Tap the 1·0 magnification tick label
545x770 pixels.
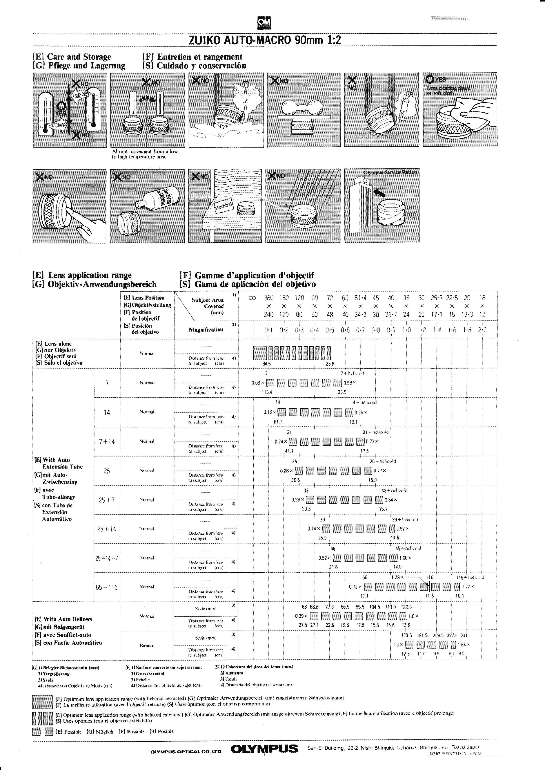(406, 330)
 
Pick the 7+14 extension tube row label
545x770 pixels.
(107, 442)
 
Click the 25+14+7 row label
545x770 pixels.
(107, 558)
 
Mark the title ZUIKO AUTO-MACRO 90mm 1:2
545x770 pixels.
(265, 40)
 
